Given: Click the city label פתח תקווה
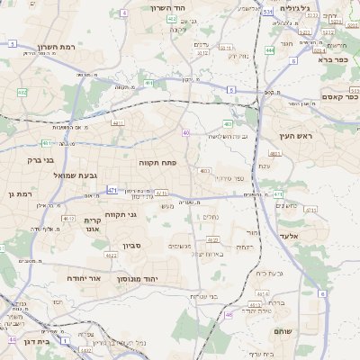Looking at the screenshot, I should (157, 163).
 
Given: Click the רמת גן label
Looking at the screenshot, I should (19, 193).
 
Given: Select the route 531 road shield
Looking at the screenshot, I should (268, 12).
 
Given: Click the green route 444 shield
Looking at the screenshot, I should (270, 50).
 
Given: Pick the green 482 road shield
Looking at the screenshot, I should (22, 92).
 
